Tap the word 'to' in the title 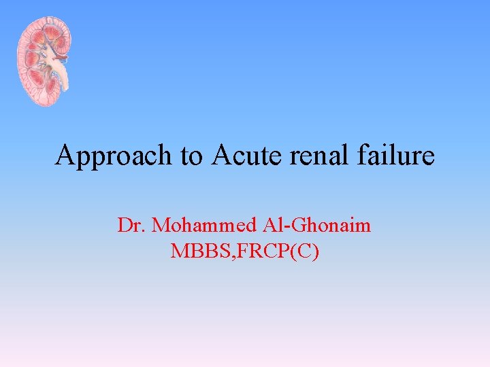click(193, 156)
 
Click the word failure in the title click(397, 156)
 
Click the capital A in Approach click(65, 156)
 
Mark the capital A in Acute click(222, 156)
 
